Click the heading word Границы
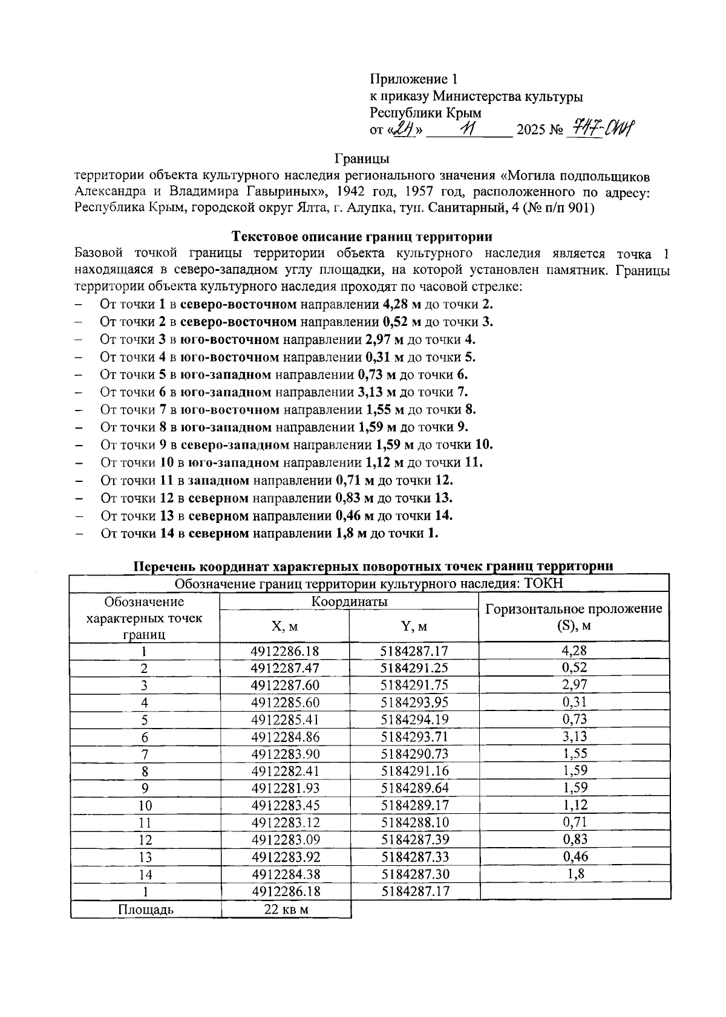click(x=362, y=159)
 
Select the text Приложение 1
click(x=414, y=79)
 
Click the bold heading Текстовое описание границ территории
click(x=362, y=236)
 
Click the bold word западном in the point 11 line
click(x=218, y=481)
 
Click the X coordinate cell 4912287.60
click(x=284, y=686)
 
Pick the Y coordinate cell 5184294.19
click(x=414, y=720)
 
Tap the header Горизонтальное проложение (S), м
click(x=574, y=617)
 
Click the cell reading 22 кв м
click(x=286, y=909)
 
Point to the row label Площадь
click(x=145, y=909)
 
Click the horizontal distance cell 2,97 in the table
click(x=574, y=685)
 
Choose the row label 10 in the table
click(x=145, y=806)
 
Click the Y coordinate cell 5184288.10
click(x=414, y=823)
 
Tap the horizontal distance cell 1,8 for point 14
click(x=574, y=874)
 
